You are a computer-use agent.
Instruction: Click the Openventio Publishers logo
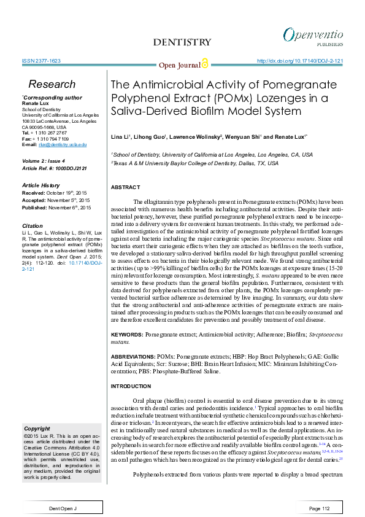pyautogui.click(x=313, y=36)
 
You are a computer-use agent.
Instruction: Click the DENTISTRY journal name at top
pyautogui.click(x=182, y=42)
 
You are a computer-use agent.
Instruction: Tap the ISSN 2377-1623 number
pyautogui.click(x=41, y=61)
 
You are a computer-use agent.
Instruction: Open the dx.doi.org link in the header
pyautogui.click(x=299, y=61)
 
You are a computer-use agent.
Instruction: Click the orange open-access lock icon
pyautogui.click(x=205, y=63)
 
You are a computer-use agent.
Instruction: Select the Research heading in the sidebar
pyautogui.click(x=52, y=84)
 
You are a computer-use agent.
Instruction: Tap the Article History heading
pyautogui.click(x=44, y=185)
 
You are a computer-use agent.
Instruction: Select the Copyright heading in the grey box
pyautogui.click(x=37, y=429)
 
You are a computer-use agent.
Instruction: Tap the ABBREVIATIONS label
pyautogui.click(x=132, y=356)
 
